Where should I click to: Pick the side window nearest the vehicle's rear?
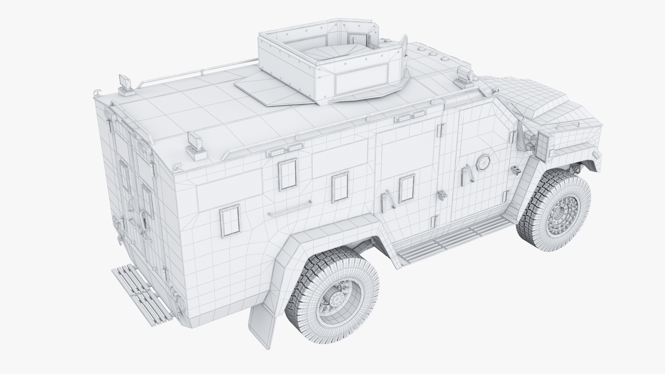(230, 220)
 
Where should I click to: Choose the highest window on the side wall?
(288, 174)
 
